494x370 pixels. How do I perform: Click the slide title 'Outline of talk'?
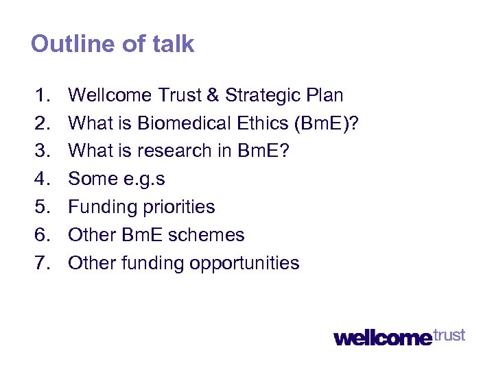click(x=113, y=45)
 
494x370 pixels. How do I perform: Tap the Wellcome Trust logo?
click(x=399, y=336)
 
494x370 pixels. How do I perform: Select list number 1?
click(x=43, y=95)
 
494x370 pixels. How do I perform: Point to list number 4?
click(x=43, y=179)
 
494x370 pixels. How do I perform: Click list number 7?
click(x=43, y=263)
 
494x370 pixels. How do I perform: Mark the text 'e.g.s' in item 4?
click(x=141, y=180)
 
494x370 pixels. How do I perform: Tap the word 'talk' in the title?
click(x=173, y=45)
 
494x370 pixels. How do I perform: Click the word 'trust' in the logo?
click(x=449, y=335)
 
